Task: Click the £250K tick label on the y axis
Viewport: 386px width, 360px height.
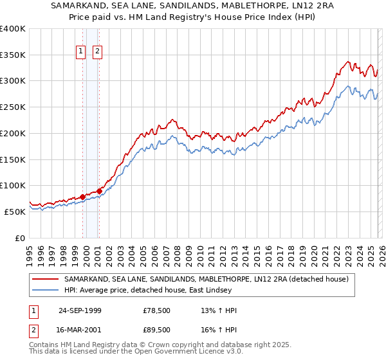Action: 13,107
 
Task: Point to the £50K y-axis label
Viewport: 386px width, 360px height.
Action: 15,212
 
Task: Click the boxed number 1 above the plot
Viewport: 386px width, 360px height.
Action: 82,52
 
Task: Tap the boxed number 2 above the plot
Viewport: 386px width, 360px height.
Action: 98,52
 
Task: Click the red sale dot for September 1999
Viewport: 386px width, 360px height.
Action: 83,197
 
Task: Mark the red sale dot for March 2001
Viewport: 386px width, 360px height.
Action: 100,191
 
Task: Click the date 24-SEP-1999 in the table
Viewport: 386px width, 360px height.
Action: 80,310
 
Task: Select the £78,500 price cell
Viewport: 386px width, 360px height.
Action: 157,310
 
